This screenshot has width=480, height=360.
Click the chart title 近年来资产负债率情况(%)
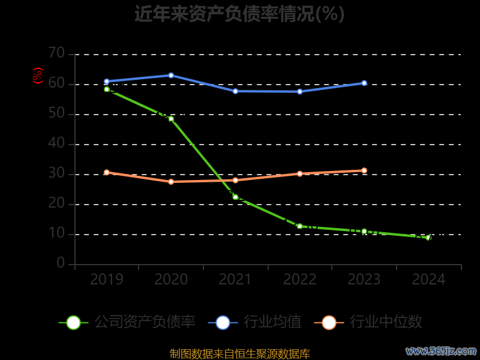pyautogui.click(x=239, y=14)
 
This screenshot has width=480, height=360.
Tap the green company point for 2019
pyautogui.click(x=107, y=89)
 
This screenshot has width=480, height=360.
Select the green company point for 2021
pyautogui.click(x=235, y=197)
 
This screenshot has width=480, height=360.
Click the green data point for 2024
pyautogui.click(x=428, y=238)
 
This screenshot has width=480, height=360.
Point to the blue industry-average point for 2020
pyautogui.click(x=171, y=76)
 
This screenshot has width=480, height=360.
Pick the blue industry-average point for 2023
pyautogui.click(x=364, y=83)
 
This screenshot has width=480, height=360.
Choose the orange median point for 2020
pyautogui.click(x=171, y=182)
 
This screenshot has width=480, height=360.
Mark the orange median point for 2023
pyautogui.click(x=364, y=170)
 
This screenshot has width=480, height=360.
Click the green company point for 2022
pyautogui.click(x=300, y=226)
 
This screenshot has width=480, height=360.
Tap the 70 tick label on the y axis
pyautogui.click(x=56, y=53)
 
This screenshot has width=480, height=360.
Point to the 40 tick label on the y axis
pyautogui.click(x=56, y=143)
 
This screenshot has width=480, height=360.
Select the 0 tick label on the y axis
pyautogui.click(x=61, y=263)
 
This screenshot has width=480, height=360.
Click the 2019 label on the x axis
pyautogui.click(x=107, y=280)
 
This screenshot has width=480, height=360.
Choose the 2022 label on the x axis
pyautogui.click(x=300, y=280)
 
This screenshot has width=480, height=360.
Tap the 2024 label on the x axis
pyautogui.click(x=428, y=280)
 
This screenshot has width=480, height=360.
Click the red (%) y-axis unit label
pyautogui.click(x=38, y=76)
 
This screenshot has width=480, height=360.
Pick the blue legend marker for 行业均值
pyautogui.click(x=223, y=322)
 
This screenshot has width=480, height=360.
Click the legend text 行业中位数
pyautogui.click(x=386, y=322)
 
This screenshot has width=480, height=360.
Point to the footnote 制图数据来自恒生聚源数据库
pyautogui.click(x=240, y=354)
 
